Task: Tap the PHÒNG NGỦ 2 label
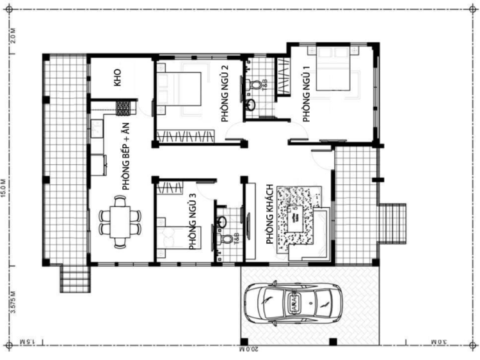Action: coord(225,89)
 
